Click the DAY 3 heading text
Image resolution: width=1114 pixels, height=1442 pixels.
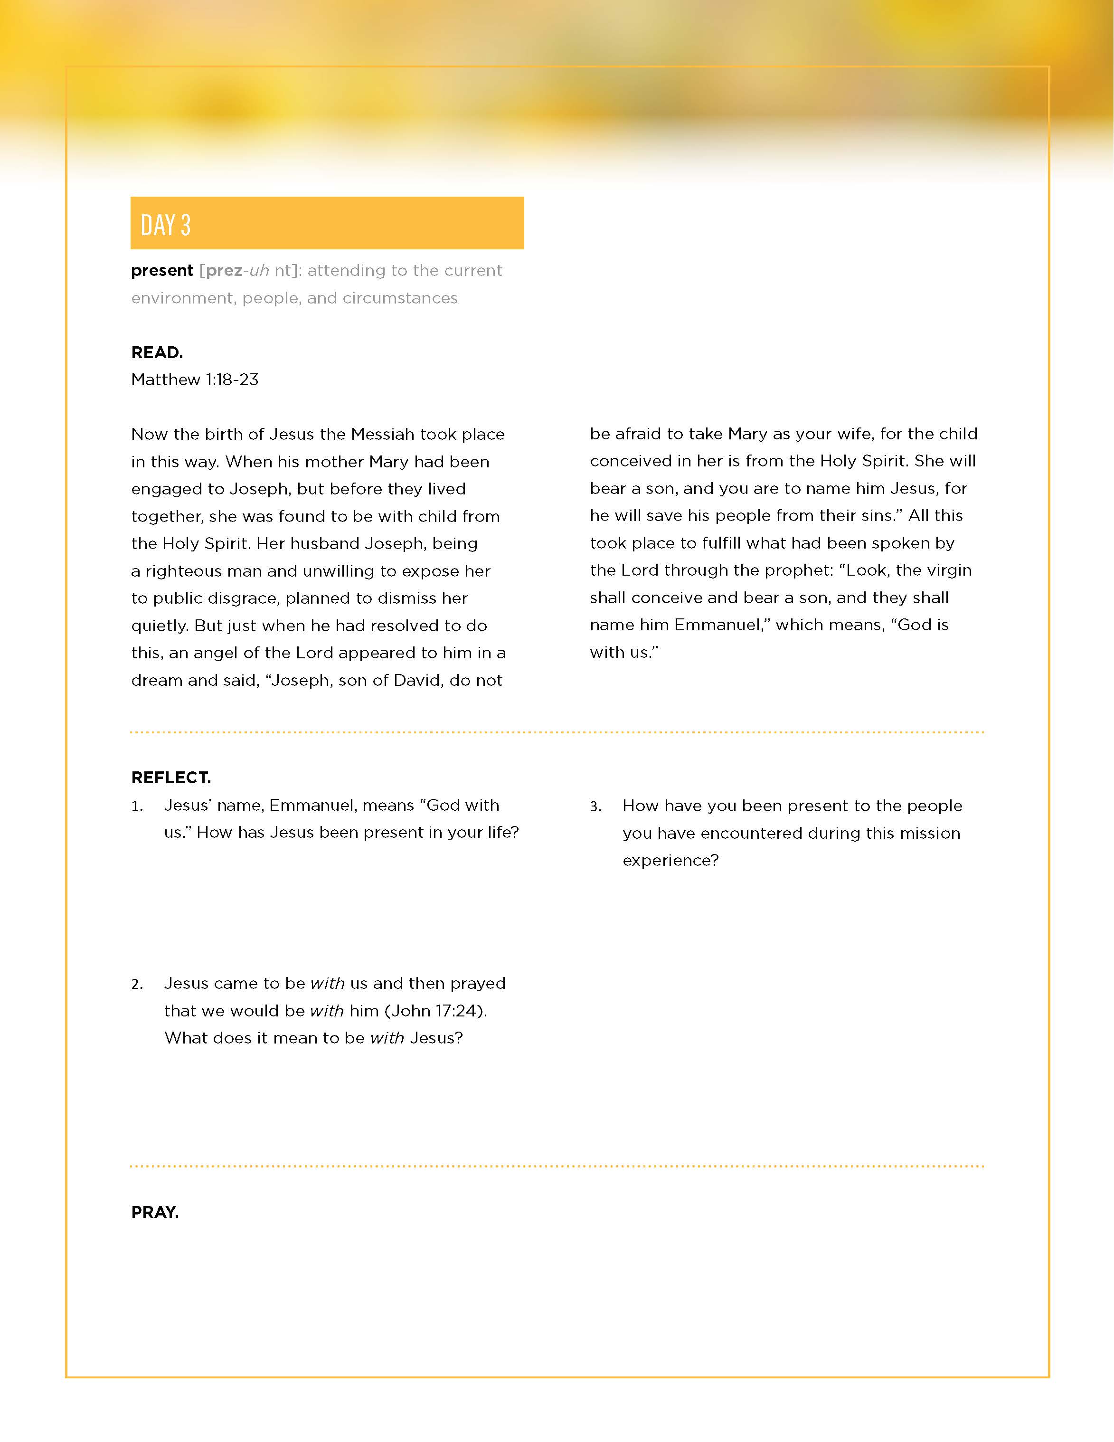tap(166, 225)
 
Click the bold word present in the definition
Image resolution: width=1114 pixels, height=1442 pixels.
tap(162, 271)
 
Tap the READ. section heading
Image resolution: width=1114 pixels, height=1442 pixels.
tap(157, 352)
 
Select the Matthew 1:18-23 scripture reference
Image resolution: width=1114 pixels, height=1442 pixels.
tap(195, 379)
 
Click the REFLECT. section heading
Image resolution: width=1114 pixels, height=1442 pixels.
tap(171, 778)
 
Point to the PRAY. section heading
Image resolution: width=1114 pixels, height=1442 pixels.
tap(155, 1212)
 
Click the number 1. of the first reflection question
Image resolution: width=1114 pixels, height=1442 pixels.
tap(137, 806)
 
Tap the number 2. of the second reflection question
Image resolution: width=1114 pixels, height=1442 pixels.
tap(137, 985)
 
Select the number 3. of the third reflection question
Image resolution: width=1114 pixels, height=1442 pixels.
tap(596, 807)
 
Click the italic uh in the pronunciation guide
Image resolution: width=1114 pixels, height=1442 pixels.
tap(259, 271)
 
